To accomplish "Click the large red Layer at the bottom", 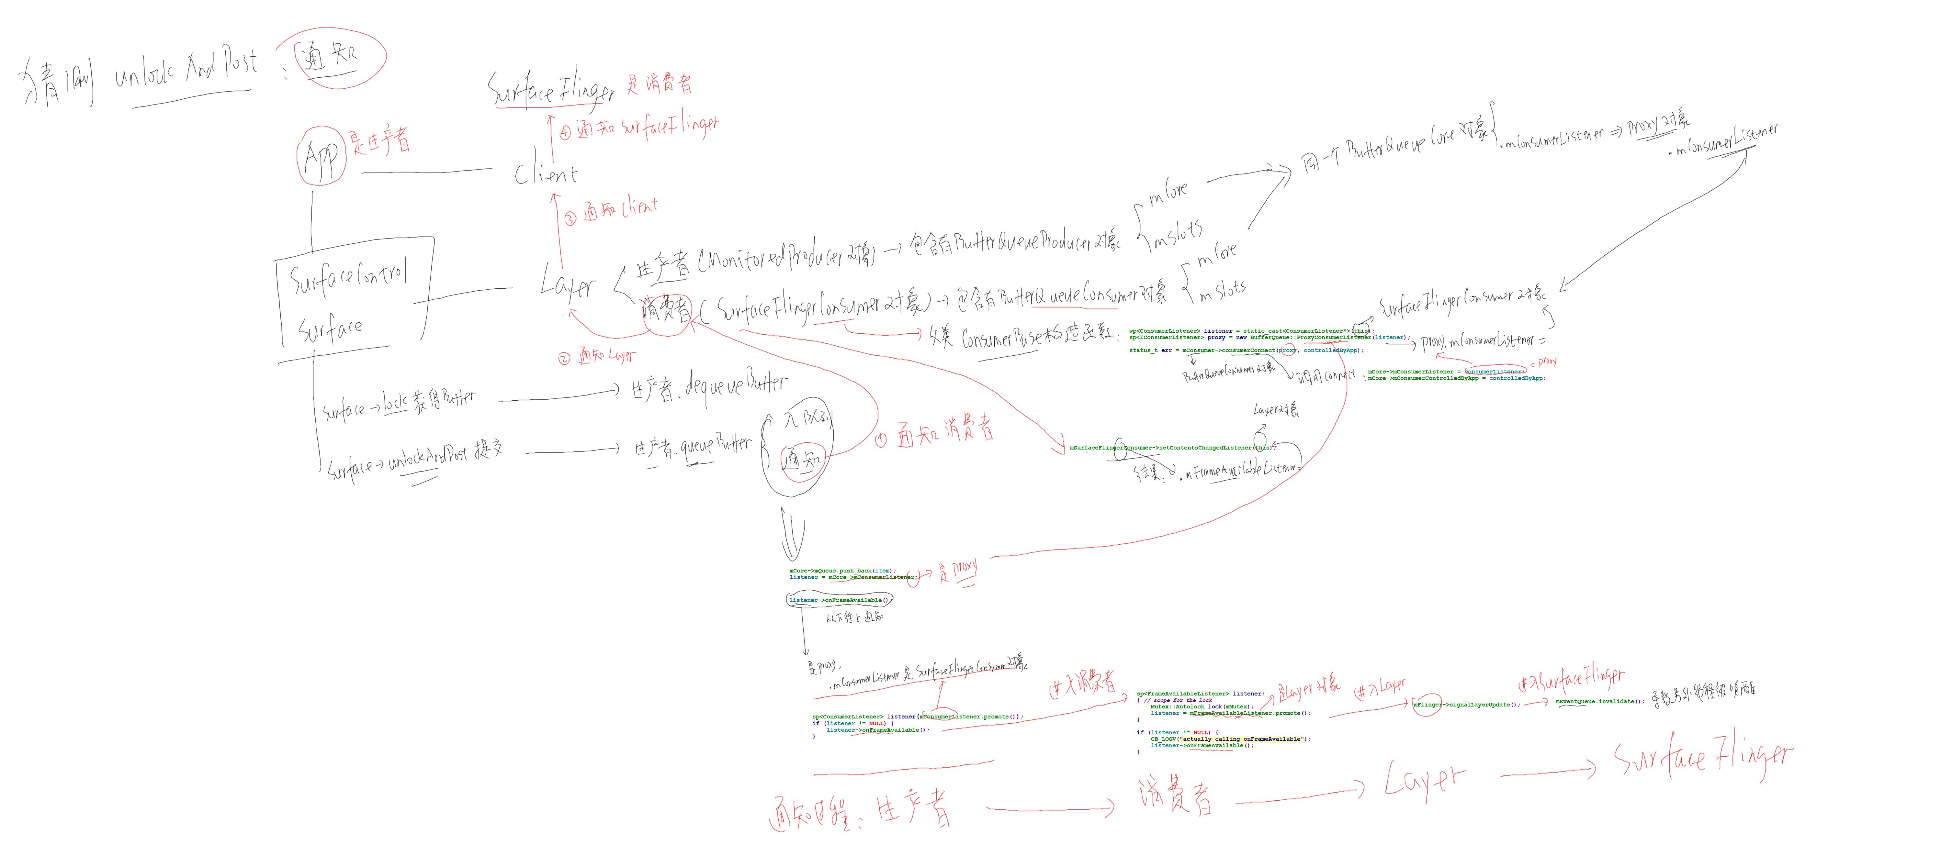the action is pyautogui.click(x=1425, y=780).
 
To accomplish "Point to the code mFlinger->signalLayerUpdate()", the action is pyautogui.click(x=1466, y=705).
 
